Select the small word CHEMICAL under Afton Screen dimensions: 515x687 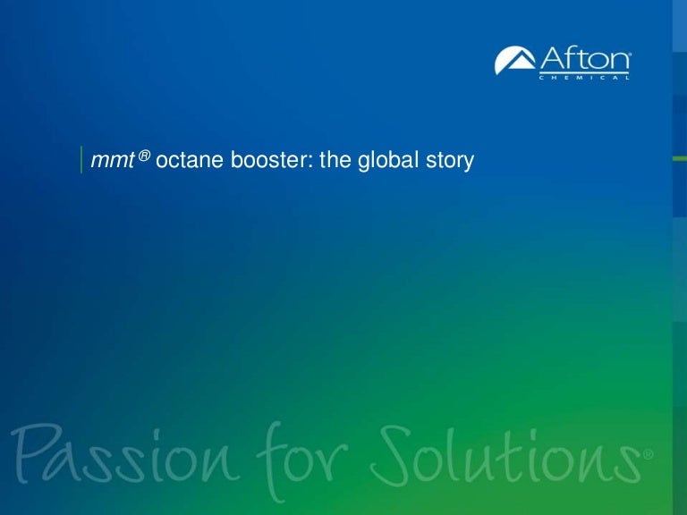(585, 78)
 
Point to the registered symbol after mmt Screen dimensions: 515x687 (143, 156)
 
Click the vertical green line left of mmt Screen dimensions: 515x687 (81, 160)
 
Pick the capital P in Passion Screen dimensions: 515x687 (32, 457)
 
